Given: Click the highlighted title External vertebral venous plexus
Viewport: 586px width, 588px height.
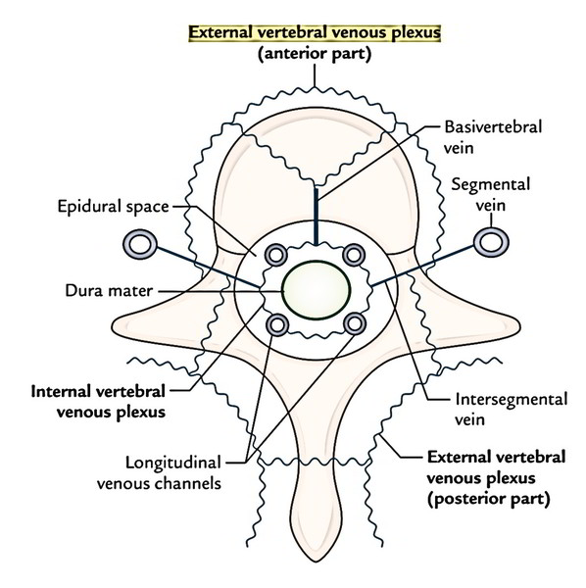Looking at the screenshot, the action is pos(315,33).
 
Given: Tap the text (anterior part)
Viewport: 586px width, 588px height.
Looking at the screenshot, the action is pos(315,54).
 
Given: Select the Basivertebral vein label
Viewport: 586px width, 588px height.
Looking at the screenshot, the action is pos(493,137).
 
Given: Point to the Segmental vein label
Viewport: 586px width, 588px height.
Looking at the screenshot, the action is pos(490,195).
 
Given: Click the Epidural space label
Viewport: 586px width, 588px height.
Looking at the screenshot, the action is pos(114,207).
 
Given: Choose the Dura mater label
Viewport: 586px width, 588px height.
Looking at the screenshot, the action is pos(109,291).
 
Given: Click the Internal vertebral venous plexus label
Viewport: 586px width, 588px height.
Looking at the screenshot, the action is pos(98,402).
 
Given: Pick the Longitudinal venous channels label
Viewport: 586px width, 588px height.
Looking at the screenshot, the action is pos(159,473).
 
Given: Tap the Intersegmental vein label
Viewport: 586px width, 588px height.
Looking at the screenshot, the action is pos(511,409).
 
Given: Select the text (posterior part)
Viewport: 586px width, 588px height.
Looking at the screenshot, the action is pos(489,499).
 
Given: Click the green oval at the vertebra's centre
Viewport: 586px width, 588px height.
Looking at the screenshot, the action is pos(317,290).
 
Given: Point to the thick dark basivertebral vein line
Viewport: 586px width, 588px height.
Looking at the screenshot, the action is pos(317,217).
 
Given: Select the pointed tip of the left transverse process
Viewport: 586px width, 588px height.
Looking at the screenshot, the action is pos(114,323).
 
